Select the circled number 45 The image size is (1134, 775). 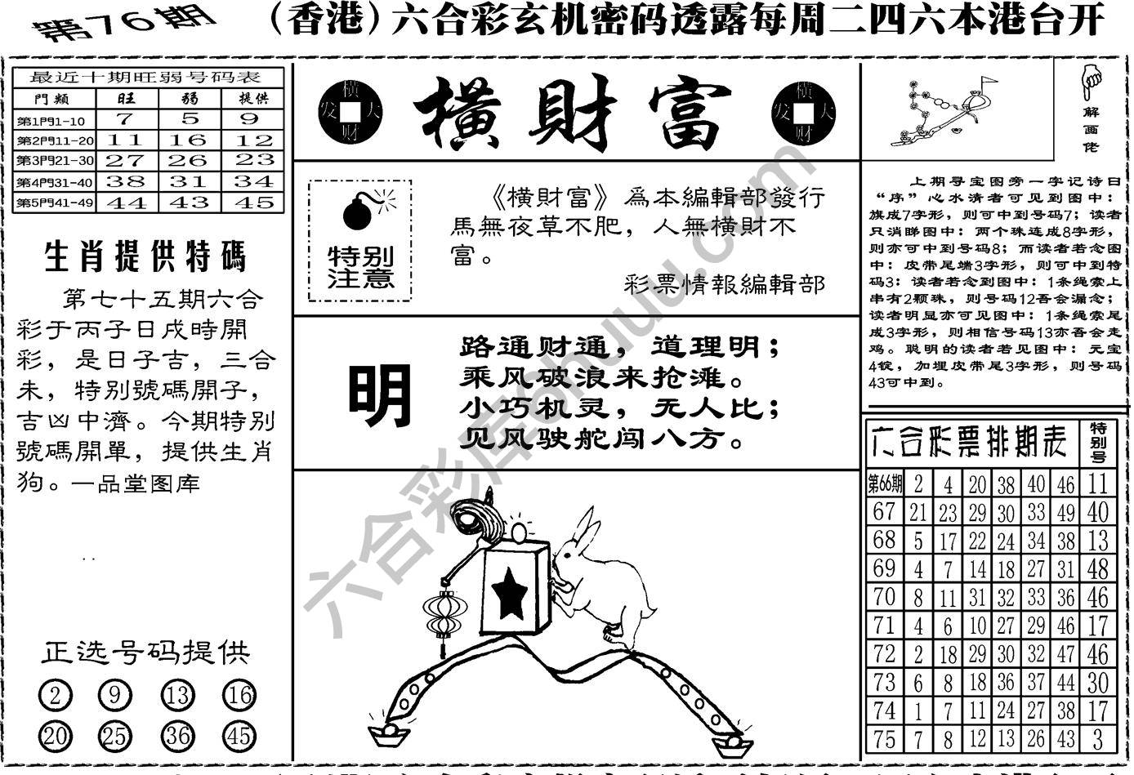[239, 737]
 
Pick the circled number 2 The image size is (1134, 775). [56, 696]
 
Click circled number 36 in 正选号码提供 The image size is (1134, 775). [176, 737]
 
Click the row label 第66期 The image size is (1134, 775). [884, 484]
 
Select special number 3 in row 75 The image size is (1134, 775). [1097, 740]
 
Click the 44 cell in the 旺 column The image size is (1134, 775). [127, 203]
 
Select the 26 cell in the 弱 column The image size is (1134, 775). [190, 160]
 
